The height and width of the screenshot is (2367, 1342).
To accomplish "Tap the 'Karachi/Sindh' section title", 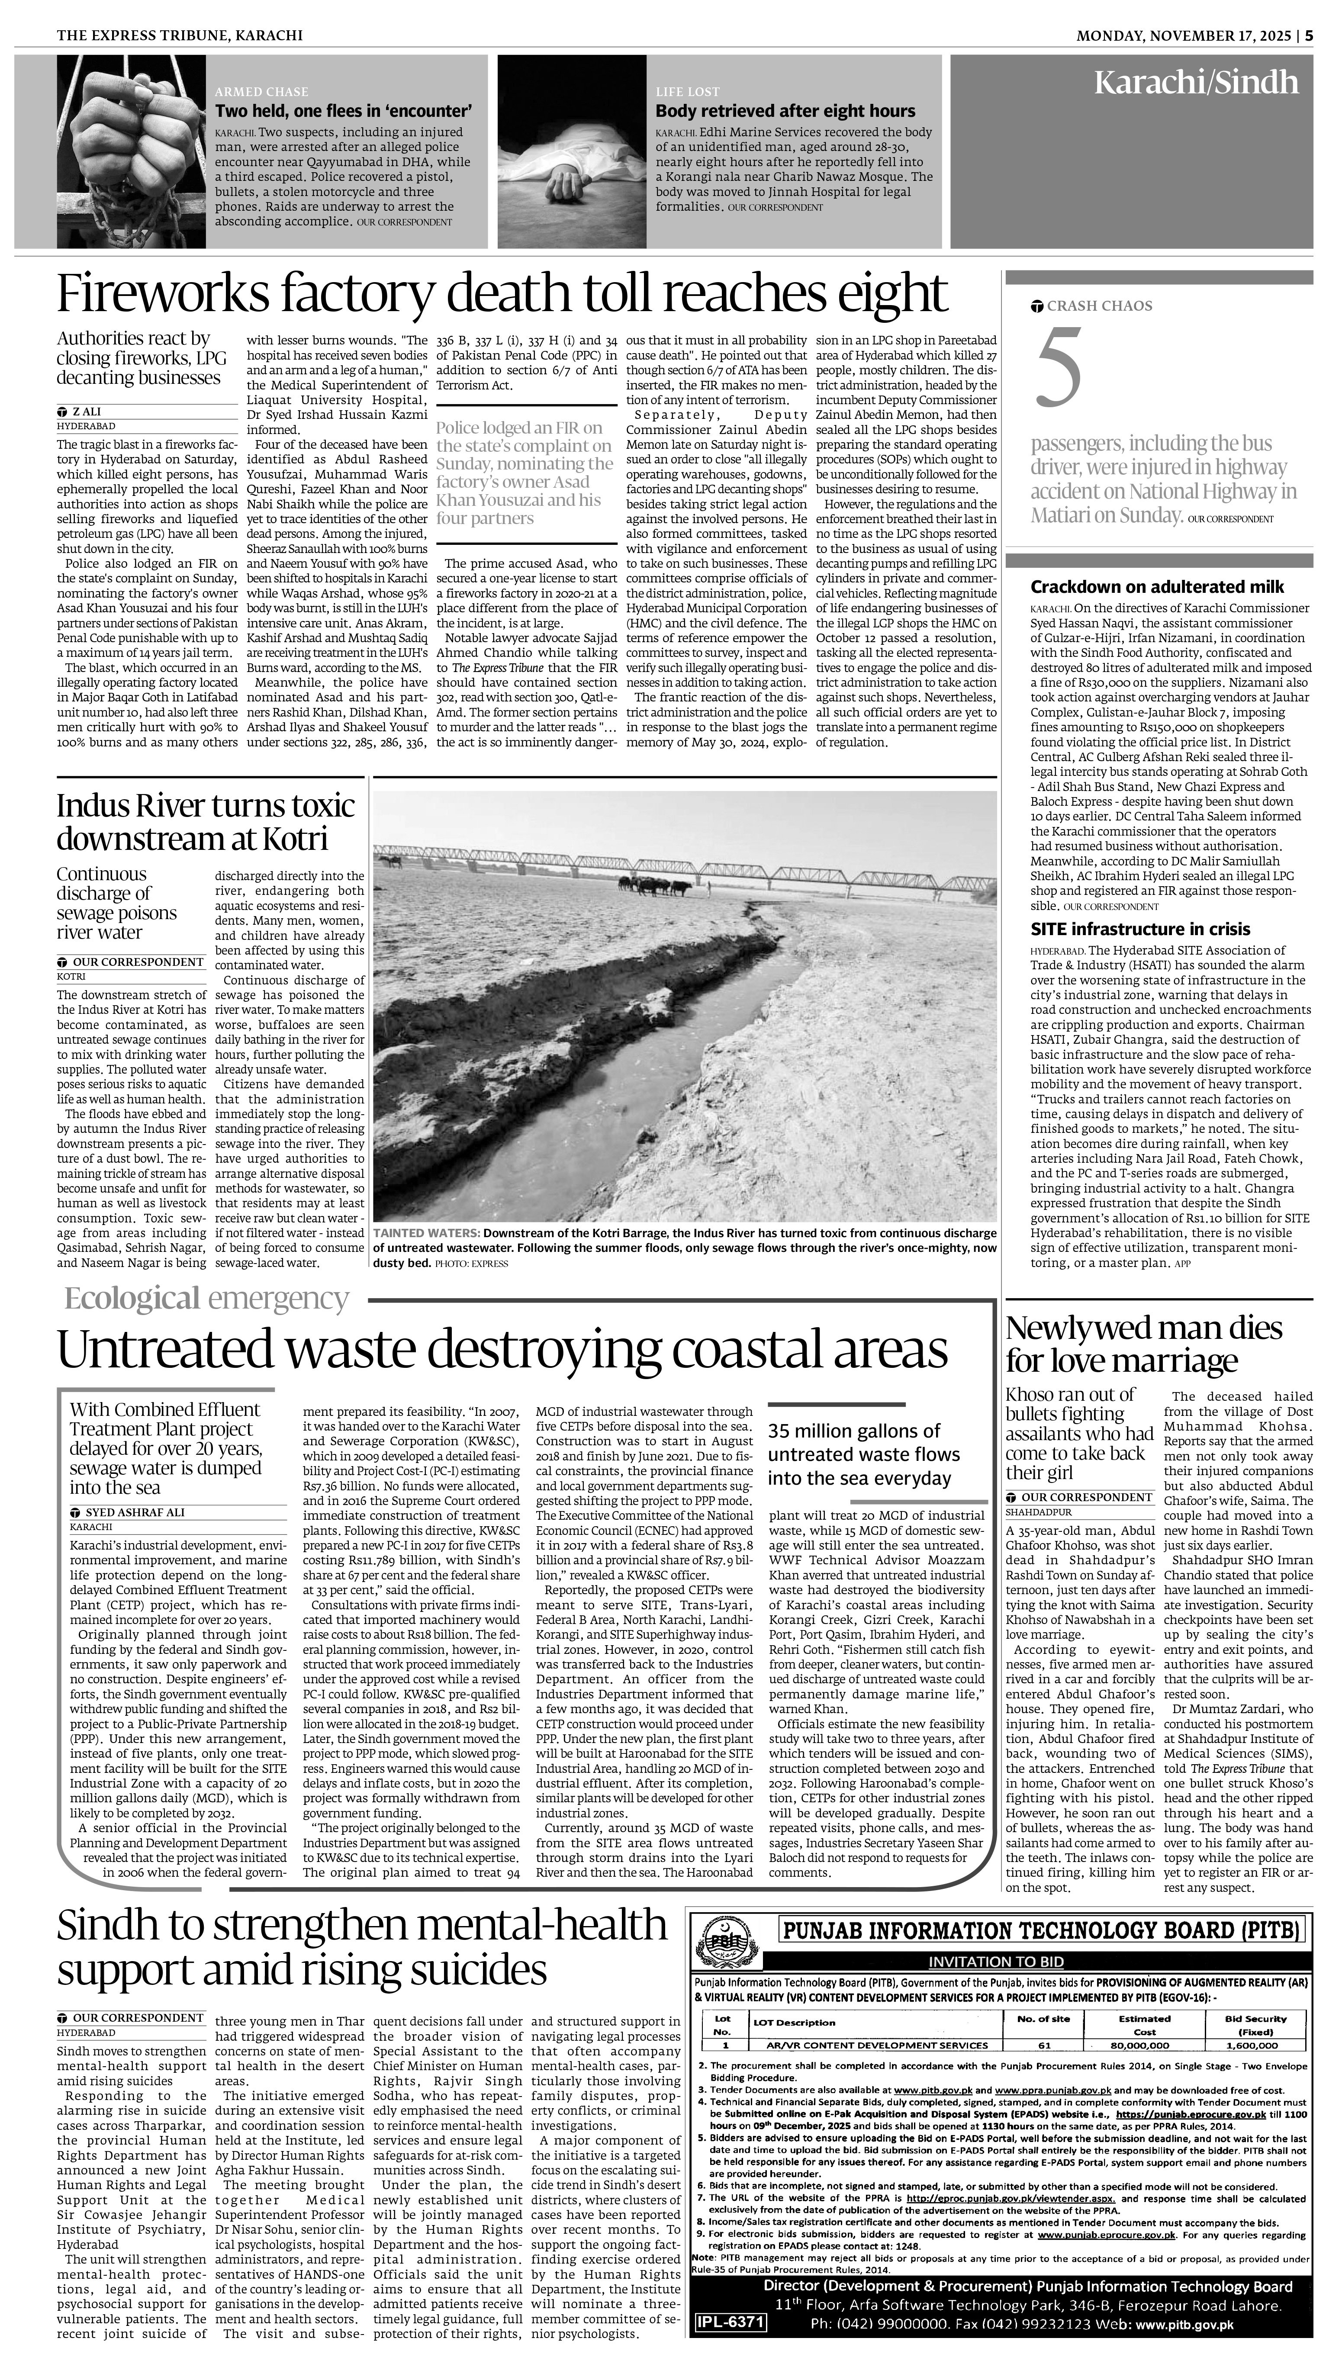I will (x=1195, y=83).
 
